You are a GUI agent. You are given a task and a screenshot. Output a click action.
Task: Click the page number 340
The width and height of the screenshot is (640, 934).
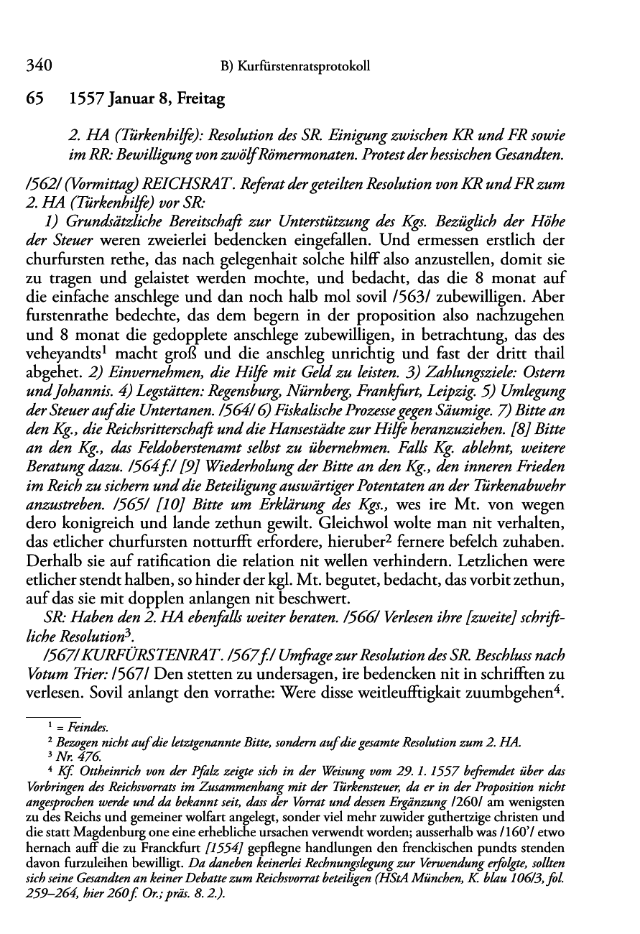(38, 67)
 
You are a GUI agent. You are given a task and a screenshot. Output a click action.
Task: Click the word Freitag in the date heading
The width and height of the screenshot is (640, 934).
(199, 101)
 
